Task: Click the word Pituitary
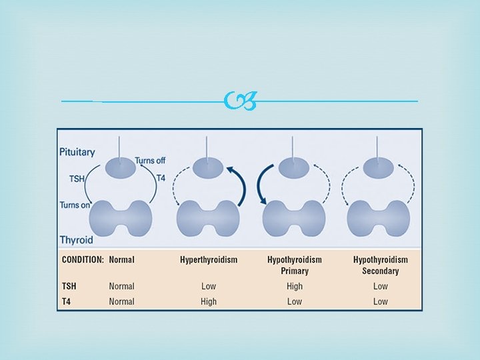[77, 151]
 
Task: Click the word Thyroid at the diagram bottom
[75, 239]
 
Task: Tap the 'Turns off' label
[151, 161]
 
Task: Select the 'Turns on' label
[75, 205]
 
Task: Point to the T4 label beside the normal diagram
[161, 178]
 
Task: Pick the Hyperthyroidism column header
[209, 259]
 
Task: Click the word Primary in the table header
[294, 271]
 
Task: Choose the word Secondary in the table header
[380, 271]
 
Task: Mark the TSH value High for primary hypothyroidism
[294, 286]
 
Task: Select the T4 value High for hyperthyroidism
[209, 301]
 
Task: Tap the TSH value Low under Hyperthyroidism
[209, 286]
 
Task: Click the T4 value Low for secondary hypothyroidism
[380, 301]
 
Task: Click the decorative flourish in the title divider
[240, 101]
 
